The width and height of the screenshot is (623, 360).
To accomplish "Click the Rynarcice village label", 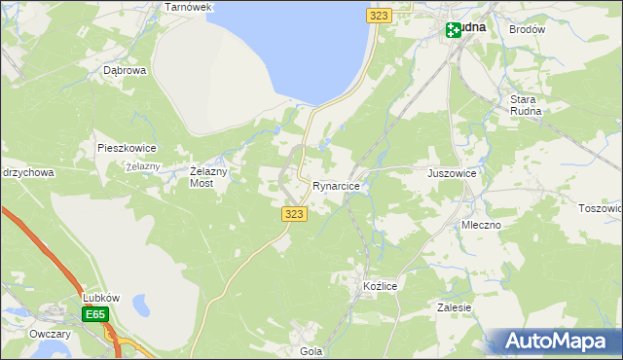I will tap(337, 185).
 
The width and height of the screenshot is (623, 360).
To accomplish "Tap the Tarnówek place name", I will tap(188, 7).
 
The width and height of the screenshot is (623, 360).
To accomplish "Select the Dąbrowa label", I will tap(125, 71).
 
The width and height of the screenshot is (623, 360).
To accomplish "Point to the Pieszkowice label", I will tap(127, 148).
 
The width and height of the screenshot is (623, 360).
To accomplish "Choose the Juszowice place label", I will tap(452, 173).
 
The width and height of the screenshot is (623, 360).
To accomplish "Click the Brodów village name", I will tap(527, 30).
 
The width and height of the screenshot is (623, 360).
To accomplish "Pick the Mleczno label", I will tap(481, 225).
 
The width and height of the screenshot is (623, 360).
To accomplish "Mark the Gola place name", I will tap(311, 351).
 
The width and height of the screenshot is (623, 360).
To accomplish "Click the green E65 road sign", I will tap(95, 314).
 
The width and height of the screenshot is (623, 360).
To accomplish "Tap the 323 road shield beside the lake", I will tap(380, 15).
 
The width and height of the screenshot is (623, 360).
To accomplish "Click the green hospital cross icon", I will tap(454, 30).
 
